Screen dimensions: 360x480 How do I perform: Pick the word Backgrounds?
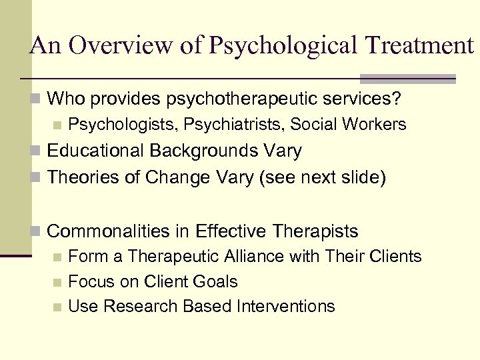tap(203, 151)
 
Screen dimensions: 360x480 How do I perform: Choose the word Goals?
tap(215, 281)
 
